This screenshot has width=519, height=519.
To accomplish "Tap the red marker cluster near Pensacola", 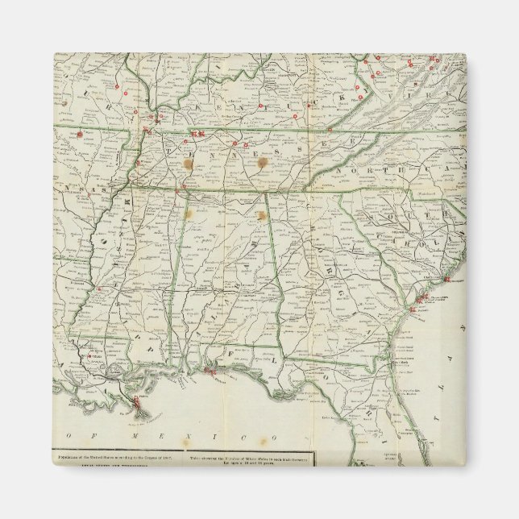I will click(211, 371).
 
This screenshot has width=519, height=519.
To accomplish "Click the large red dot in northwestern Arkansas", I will click(81, 134).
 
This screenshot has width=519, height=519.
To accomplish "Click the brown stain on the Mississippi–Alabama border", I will click(190, 215).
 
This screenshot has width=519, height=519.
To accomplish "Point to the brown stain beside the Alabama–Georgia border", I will click(261, 215).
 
